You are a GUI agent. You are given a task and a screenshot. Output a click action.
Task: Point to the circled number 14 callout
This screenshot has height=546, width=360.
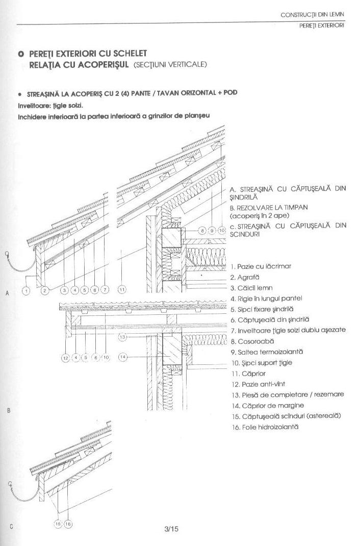(122, 357)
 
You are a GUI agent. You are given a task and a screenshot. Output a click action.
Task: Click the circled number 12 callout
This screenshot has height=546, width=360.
(65, 358)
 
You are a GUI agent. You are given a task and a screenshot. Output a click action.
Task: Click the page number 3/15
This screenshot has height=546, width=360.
(172, 529)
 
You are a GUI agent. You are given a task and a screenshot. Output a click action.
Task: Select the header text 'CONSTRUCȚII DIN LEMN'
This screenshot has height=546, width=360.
(313, 15)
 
